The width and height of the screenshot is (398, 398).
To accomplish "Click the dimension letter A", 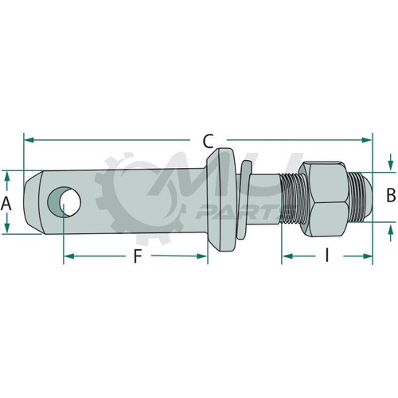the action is coord(6,204).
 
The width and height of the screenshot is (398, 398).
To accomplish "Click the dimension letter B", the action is coord(391,195).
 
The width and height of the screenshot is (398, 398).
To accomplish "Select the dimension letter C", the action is coord(208,141).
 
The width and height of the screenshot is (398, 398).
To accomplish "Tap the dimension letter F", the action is coord(137,256).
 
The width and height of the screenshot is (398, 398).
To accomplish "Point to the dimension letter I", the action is coord(327,256).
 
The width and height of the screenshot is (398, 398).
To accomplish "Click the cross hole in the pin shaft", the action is coord(64,202).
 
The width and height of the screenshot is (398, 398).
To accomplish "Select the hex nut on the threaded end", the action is coord(323,200).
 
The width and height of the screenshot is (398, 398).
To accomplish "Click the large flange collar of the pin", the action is coord(220,200).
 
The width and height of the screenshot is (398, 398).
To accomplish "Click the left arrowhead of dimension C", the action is coord(29,140).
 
